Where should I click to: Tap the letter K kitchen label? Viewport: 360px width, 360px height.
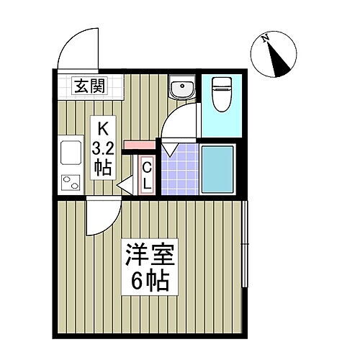click(103, 130)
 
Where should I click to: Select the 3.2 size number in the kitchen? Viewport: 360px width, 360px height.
click(103, 149)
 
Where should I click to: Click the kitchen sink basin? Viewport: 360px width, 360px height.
click(72, 153)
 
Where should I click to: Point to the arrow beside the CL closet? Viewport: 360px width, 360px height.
click(122, 186)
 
